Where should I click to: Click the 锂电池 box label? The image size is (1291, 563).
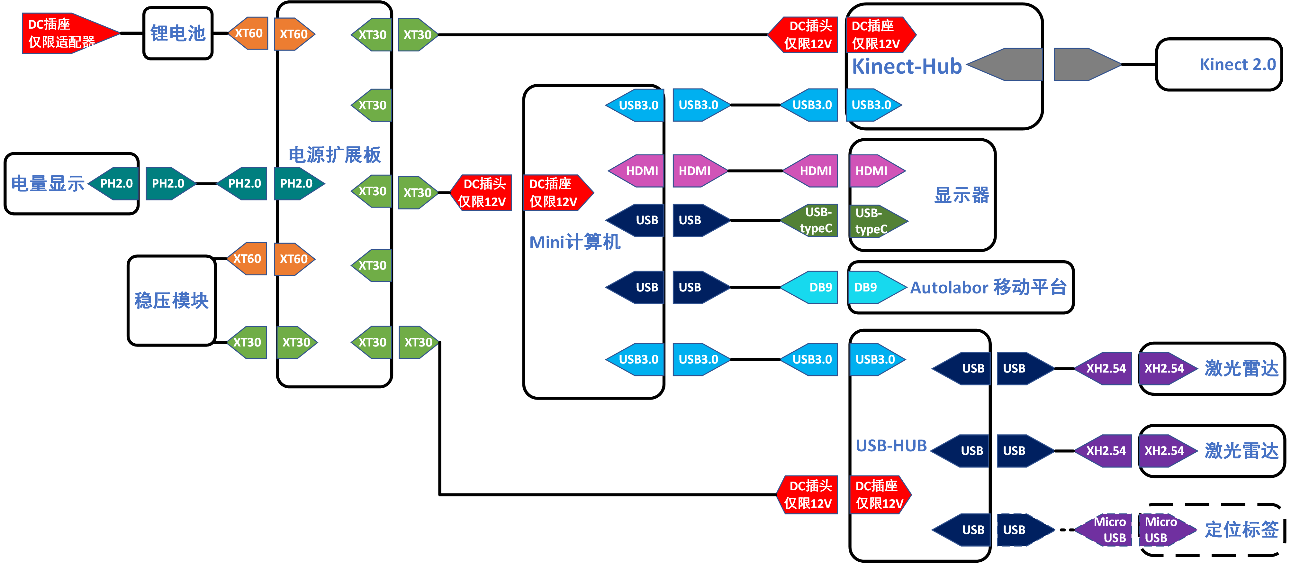point(178,33)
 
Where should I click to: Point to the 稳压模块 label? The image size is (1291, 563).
point(171,300)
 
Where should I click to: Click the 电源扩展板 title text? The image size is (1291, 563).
point(334,155)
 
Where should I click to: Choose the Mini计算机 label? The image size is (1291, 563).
point(575,242)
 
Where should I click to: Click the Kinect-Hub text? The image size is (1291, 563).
point(907,67)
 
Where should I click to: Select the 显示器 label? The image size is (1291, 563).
point(961,195)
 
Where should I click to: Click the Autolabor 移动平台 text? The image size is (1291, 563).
point(988,287)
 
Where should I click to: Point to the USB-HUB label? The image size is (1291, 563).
point(891,446)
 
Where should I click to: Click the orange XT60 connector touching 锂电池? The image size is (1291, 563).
point(248,33)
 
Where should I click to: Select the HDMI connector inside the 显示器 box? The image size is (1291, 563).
point(874,171)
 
